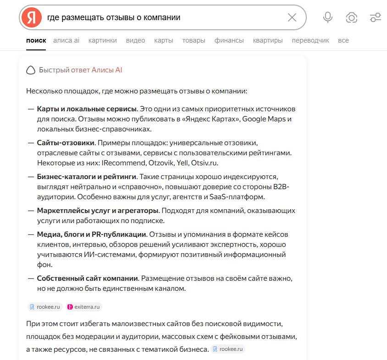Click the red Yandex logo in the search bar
click(31, 17)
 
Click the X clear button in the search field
click(292, 17)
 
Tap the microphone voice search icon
click(327, 17)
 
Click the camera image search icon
click(352, 17)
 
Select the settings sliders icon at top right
click(375, 17)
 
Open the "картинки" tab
click(103, 40)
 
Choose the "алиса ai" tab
click(66, 40)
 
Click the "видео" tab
click(135, 40)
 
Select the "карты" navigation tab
click(164, 40)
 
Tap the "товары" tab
click(193, 40)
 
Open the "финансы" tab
click(229, 40)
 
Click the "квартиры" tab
click(268, 40)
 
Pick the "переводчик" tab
click(310, 40)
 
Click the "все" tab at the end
click(343, 40)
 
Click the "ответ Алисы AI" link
click(96, 70)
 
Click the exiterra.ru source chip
click(84, 307)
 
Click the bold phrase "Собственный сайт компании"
click(88, 278)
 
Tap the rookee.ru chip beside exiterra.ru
click(45, 307)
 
